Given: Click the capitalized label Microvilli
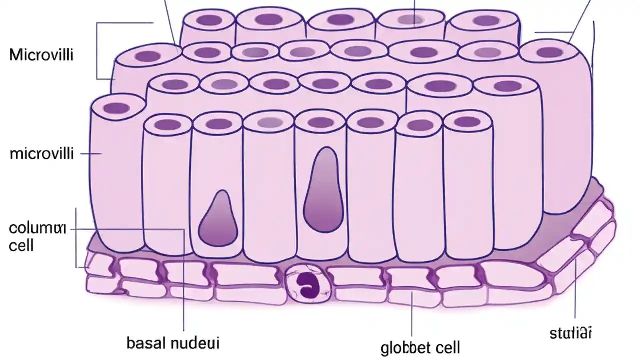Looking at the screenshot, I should click(41, 54).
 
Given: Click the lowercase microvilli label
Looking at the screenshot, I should click(41, 153).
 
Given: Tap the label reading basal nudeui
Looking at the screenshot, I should click(173, 344).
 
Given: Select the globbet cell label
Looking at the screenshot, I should click(420, 347).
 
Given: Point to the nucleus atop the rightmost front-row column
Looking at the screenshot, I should click(467, 121).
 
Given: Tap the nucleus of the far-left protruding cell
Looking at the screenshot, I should click(116, 108).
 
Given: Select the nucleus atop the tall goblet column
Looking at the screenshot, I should click(320, 122).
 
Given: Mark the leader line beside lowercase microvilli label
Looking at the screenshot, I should click(90, 154).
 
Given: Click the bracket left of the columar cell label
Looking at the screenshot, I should click(76, 237).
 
